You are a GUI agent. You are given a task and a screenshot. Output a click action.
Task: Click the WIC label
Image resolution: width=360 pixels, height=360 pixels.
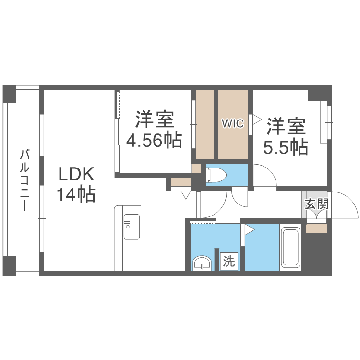233,123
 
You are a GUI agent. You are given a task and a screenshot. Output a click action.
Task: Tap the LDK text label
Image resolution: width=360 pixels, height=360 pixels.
76,174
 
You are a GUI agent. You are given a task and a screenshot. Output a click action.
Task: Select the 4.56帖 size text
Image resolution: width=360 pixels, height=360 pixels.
154,140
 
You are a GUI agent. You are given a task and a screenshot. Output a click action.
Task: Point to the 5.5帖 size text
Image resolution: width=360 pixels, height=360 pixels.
286,146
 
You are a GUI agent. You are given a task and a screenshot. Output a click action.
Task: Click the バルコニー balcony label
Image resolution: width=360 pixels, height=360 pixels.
24,180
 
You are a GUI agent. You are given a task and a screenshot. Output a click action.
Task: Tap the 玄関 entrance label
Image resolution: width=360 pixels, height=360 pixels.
317,204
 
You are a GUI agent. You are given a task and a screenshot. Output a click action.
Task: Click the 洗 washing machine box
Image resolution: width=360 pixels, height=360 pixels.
229,261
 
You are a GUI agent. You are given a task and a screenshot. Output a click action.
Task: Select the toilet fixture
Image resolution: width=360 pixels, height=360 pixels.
216,175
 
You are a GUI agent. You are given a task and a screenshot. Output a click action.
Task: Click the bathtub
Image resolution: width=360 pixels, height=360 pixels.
290,247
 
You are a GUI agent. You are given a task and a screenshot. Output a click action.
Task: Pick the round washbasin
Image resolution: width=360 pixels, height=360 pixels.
202,264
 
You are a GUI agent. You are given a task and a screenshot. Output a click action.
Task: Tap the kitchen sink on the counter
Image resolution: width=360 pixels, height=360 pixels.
132,227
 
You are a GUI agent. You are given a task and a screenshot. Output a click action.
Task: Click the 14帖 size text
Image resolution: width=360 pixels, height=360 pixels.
76,194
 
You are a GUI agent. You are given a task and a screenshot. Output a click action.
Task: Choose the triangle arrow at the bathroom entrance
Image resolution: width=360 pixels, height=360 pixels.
250,229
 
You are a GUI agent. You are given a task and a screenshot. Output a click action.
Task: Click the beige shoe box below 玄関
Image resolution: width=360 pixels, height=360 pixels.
317,228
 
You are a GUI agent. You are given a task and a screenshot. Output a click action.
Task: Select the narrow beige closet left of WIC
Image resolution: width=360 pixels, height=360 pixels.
204,124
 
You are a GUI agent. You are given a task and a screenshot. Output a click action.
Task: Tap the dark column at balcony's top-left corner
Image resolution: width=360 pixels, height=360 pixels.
9,94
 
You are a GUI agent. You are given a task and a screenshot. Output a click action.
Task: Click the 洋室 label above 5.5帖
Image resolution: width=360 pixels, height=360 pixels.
286,126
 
